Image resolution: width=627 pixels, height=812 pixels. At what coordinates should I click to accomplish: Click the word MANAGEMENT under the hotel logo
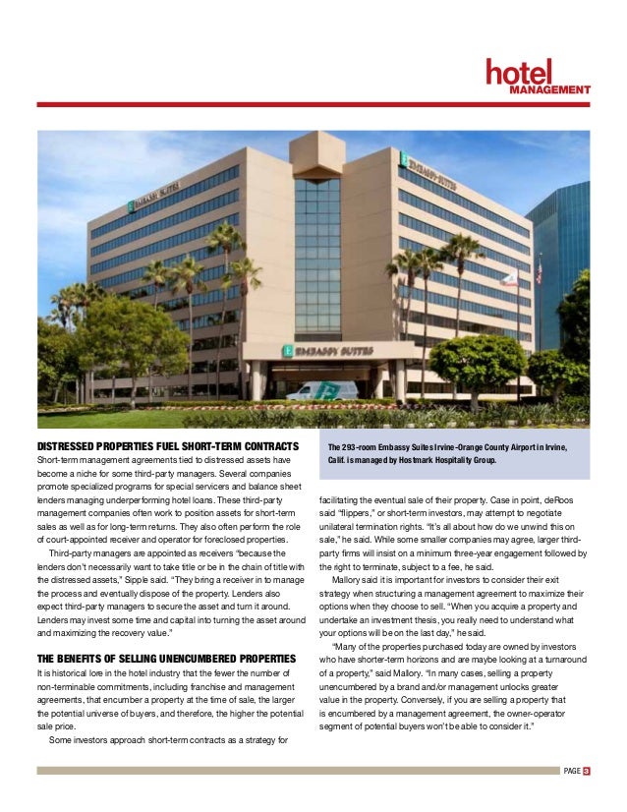(x=548, y=89)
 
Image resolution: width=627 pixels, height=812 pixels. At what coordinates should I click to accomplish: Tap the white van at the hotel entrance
(x=321, y=390)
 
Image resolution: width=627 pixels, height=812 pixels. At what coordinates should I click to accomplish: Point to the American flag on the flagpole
(x=539, y=272)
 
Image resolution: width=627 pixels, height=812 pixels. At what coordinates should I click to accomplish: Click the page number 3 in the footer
(x=586, y=771)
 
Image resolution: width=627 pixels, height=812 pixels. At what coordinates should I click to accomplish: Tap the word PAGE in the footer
(x=571, y=771)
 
